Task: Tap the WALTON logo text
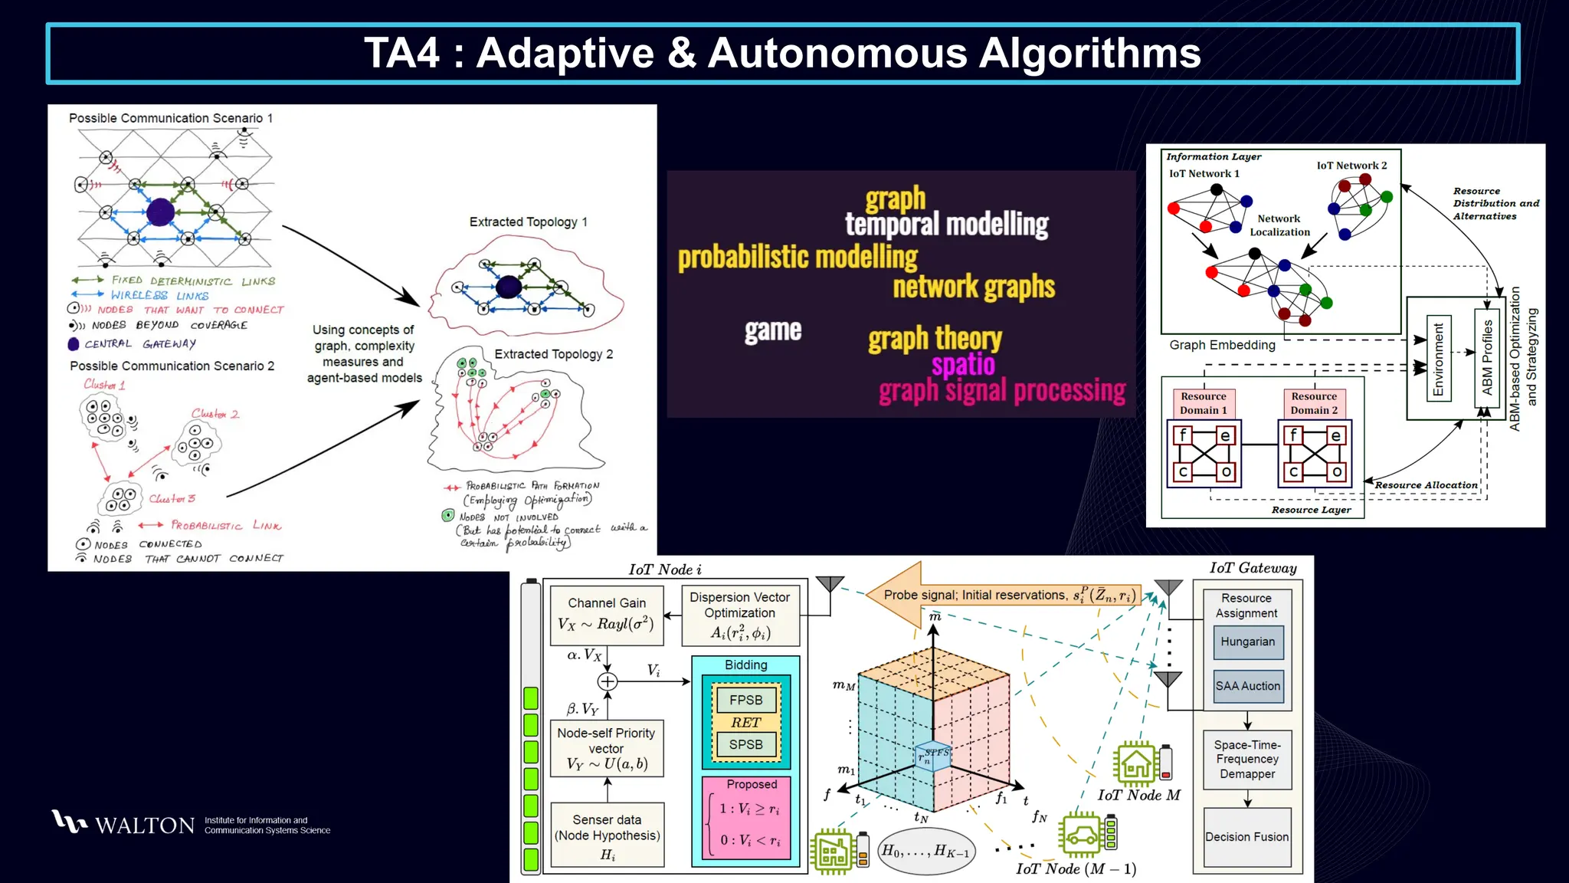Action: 145,826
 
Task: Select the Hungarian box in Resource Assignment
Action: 1247,642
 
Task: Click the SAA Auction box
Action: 1247,686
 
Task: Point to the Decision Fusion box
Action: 1246,837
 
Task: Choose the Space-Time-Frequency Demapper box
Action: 1247,759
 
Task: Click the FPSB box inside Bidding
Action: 745,700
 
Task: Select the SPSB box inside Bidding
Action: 745,744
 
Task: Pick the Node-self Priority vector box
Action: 606,748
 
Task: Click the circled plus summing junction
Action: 608,681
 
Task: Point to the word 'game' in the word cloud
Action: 773,330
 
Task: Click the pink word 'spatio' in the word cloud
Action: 963,364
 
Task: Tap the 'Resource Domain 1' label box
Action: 1203,403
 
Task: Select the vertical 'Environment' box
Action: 1438,359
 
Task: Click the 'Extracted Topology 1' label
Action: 528,222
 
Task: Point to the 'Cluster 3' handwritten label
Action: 172,499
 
